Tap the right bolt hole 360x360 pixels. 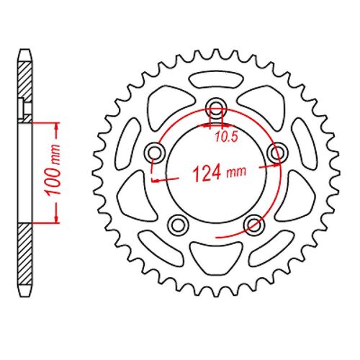[x=275, y=153]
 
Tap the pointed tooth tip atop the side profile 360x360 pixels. [x=26, y=52]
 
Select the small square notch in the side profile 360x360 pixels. [x=29, y=109]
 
